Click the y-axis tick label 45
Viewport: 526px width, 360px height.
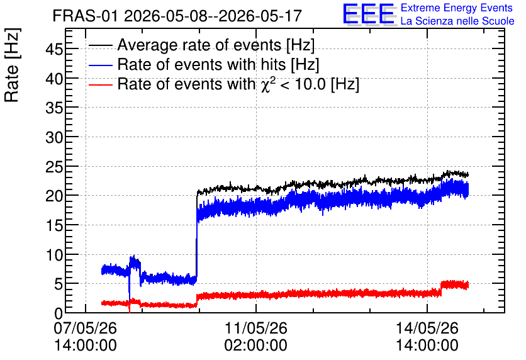coord(54,50)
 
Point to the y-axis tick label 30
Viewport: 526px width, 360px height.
coord(54,137)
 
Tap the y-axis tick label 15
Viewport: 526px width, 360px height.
coord(54,225)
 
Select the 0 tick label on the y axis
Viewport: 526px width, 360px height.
coord(59,313)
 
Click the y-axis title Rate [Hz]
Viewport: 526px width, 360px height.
coord(13,65)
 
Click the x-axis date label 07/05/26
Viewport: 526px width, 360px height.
coord(85,328)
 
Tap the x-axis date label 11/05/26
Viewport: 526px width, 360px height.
coord(255,328)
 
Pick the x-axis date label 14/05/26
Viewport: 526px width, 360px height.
coord(427,328)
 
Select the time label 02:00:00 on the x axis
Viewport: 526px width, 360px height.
coord(255,346)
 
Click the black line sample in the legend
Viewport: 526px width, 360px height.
coord(100,45)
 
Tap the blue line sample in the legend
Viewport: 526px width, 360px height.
coord(100,65)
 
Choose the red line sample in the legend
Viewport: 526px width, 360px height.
coord(100,84)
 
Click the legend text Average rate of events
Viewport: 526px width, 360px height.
coord(199,45)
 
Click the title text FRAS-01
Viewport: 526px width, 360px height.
coord(86,16)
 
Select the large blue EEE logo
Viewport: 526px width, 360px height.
coord(369,14)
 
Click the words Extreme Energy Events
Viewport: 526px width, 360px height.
coord(457,8)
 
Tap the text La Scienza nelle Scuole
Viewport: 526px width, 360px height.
coord(457,21)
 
